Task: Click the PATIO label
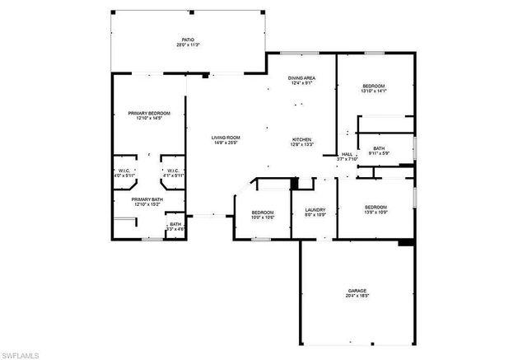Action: click(x=188, y=39)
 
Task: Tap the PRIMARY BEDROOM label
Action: click(x=149, y=113)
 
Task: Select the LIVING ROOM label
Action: click(x=225, y=138)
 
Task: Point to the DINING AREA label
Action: click(x=301, y=77)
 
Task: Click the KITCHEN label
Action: click(x=302, y=139)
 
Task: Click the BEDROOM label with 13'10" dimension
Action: click(x=374, y=86)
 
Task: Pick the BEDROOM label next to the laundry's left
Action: click(x=263, y=213)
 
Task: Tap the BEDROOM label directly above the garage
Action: click(x=375, y=207)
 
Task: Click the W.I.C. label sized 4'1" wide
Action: click(x=172, y=171)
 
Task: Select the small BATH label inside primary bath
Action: click(x=175, y=224)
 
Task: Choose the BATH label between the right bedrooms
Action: click(x=378, y=147)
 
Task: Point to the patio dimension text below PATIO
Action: click(x=188, y=44)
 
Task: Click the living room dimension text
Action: click(x=225, y=143)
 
